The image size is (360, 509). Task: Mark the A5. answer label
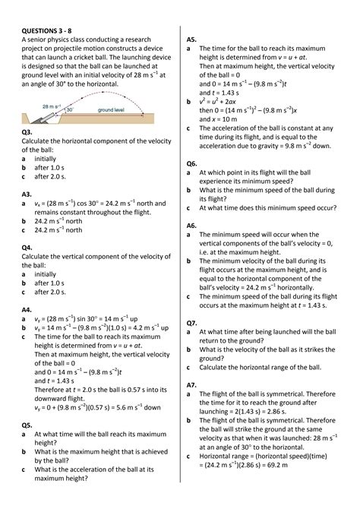point(191,38)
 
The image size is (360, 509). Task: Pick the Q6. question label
point(191,163)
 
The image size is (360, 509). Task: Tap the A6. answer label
point(191,226)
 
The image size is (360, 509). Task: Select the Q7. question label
point(191,323)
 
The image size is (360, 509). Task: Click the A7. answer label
point(191,385)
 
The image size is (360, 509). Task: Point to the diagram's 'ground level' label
point(111,110)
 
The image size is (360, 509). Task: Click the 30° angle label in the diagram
point(69,110)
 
